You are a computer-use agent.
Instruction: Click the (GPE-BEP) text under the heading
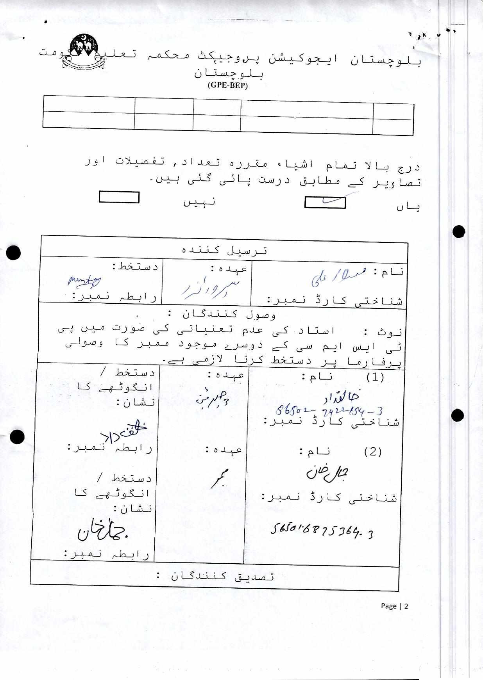(227, 86)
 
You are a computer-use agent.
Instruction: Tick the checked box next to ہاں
(325, 202)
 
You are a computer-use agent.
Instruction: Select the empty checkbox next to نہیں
(119, 197)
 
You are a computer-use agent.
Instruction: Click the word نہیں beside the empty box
(200, 202)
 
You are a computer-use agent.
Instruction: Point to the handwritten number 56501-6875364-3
(322, 530)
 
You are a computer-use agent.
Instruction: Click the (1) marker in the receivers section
(375, 377)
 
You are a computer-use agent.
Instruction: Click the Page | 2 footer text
(394, 606)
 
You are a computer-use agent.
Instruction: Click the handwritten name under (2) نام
(327, 472)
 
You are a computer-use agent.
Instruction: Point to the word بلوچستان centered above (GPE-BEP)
(229, 74)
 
